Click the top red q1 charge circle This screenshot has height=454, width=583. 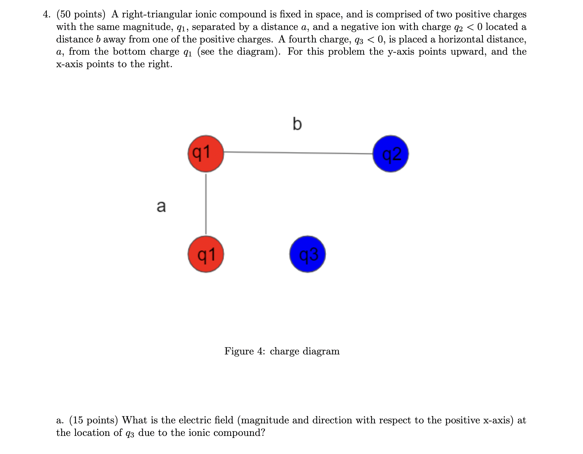pos(206,154)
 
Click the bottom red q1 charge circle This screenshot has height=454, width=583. pos(206,254)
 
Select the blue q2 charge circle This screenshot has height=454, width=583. pos(390,154)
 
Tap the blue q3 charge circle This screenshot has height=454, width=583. pos(308,254)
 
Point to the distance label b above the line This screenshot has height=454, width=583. pos(297,124)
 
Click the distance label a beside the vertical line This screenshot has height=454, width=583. pos(161,206)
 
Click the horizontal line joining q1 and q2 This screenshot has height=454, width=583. pos(298,152)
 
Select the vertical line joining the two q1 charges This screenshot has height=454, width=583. pos(206,204)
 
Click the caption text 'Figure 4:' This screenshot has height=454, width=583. pos(245,351)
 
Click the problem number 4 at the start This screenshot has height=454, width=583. pos(46,15)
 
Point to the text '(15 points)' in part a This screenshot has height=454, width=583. pos(94,420)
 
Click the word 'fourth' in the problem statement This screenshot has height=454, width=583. pos(302,39)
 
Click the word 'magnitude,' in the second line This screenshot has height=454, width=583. pos(148,27)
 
